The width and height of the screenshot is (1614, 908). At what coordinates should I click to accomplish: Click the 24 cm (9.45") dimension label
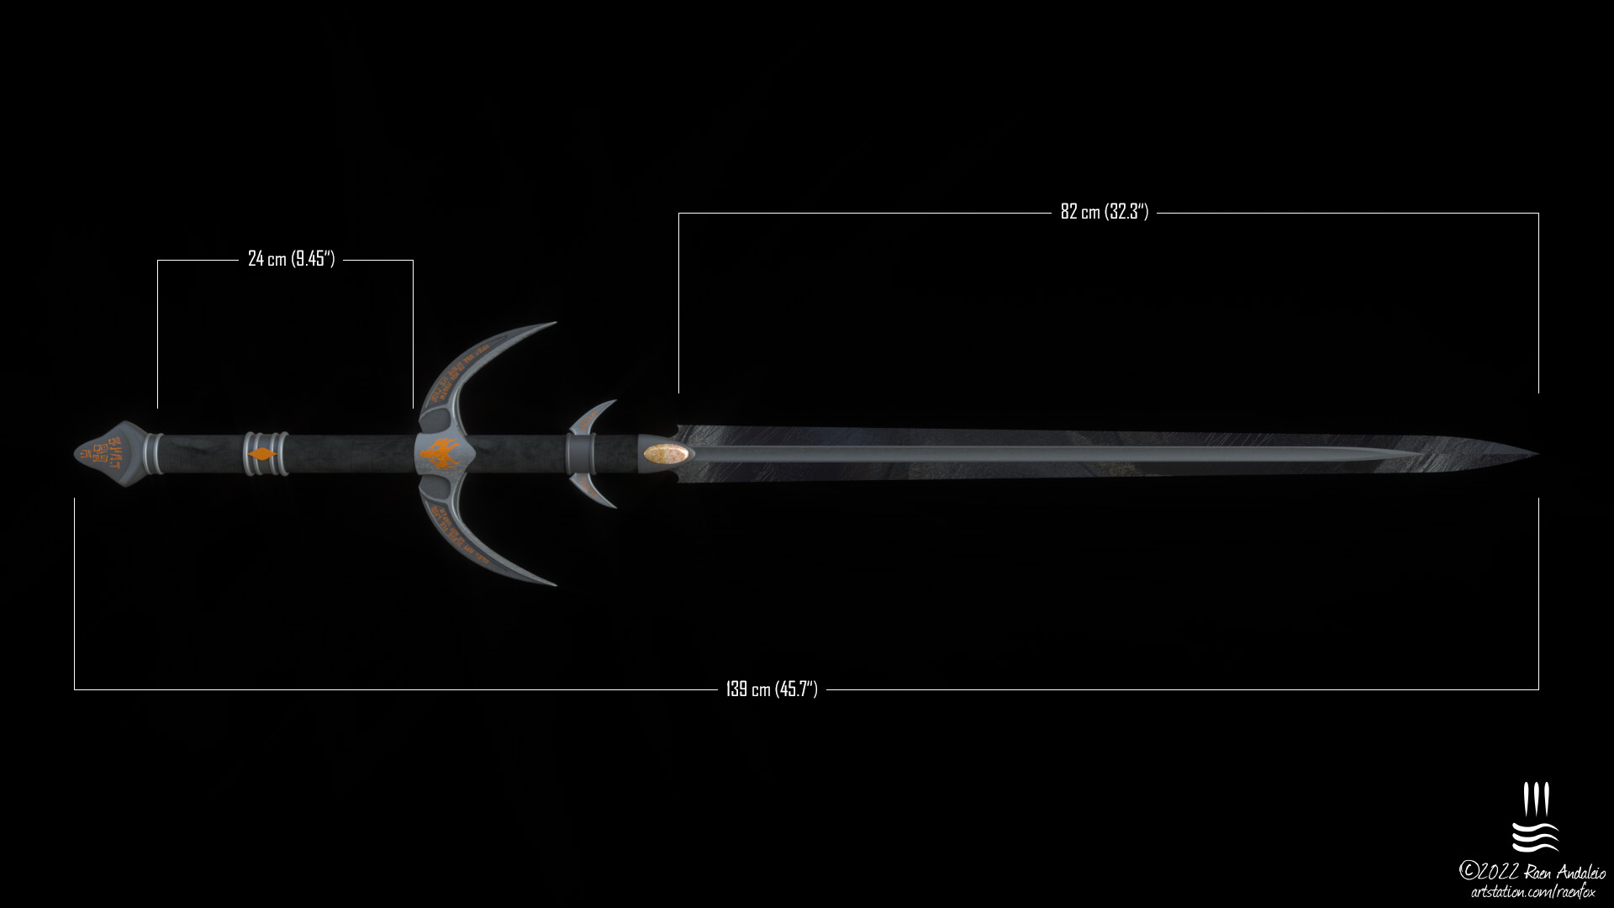pyautogui.click(x=291, y=259)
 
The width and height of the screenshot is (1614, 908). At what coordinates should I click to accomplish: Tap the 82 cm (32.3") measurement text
pyautogui.click(x=1104, y=212)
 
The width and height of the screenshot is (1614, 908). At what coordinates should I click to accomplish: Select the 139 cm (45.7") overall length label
pyautogui.click(x=771, y=689)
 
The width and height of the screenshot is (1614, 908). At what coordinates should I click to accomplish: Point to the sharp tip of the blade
pyautogui.click(x=1537, y=454)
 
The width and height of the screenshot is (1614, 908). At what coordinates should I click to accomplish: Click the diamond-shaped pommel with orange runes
pyautogui.click(x=111, y=454)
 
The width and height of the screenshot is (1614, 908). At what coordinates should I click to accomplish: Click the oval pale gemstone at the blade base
pyautogui.click(x=667, y=454)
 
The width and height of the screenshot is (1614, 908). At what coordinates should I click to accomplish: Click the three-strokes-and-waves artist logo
pyautogui.click(x=1535, y=817)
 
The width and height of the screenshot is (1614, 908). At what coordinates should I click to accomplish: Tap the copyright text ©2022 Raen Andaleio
pyautogui.click(x=1532, y=871)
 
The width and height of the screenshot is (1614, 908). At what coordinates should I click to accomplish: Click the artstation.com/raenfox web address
pyautogui.click(x=1532, y=892)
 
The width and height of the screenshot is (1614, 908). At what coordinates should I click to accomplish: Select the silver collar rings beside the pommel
pyautogui.click(x=154, y=454)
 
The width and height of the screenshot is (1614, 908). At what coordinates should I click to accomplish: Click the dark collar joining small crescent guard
pyautogui.click(x=579, y=454)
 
